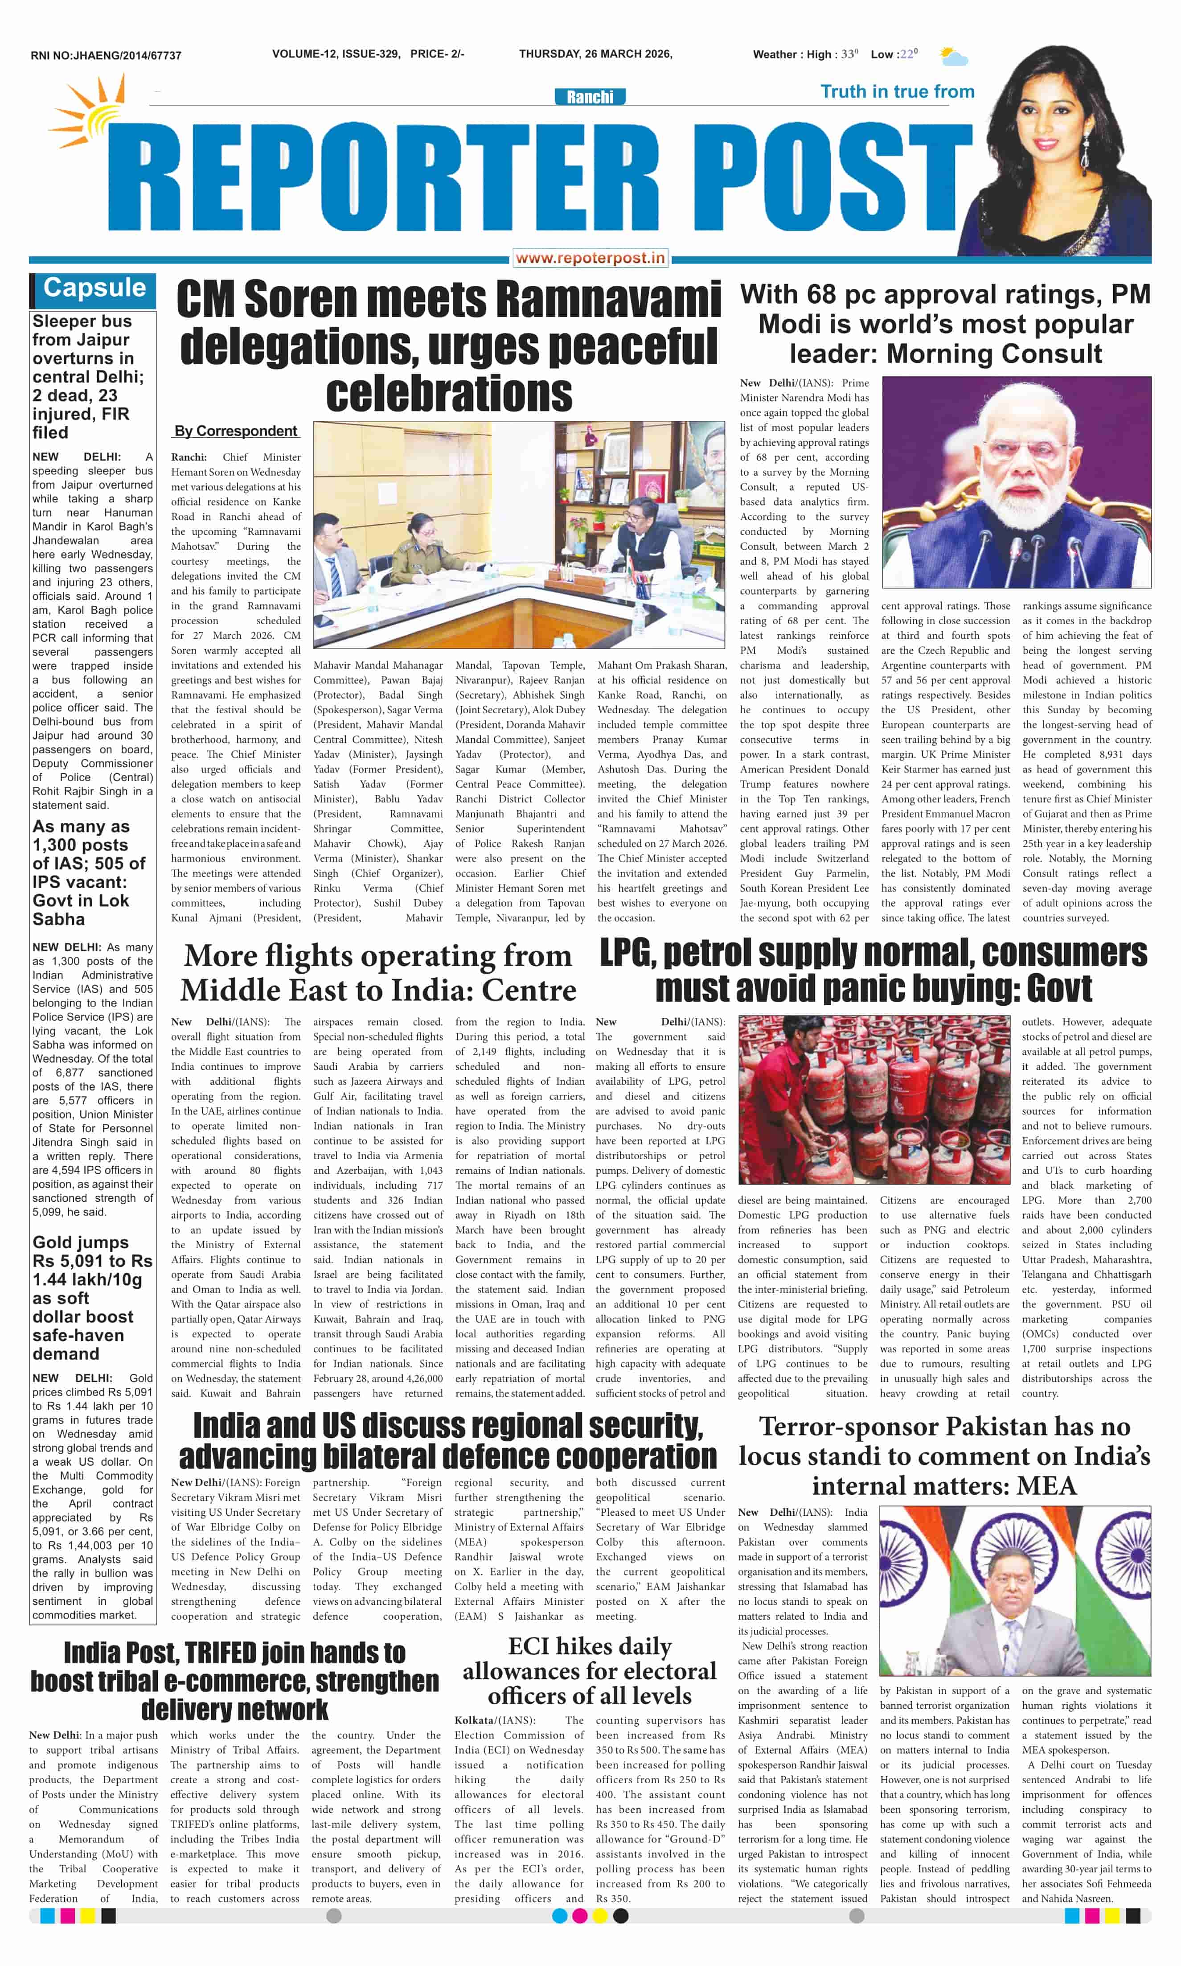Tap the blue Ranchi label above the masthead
coord(590,97)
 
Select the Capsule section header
coord(94,288)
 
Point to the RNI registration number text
coord(106,56)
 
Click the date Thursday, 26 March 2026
coord(595,54)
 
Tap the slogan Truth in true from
coord(897,91)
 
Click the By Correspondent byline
coord(236,431)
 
